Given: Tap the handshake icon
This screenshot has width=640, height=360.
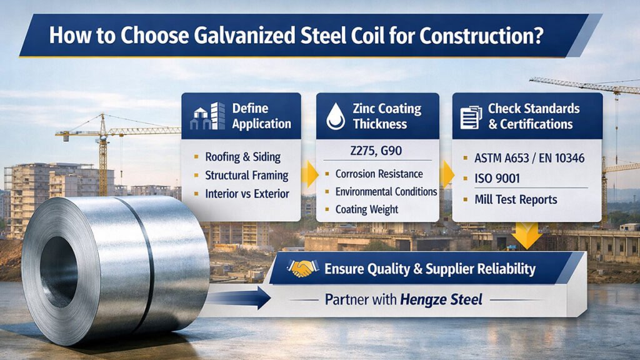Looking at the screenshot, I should point(303,269).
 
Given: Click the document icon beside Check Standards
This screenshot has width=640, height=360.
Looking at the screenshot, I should point(471,116).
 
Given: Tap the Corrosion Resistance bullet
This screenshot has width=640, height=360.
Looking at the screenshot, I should point(379,174).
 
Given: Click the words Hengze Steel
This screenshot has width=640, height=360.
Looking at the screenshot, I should point(442,299).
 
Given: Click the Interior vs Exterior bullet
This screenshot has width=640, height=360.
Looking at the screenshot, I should point(247,194).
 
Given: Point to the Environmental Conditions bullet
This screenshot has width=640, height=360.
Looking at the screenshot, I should point(386,192).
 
